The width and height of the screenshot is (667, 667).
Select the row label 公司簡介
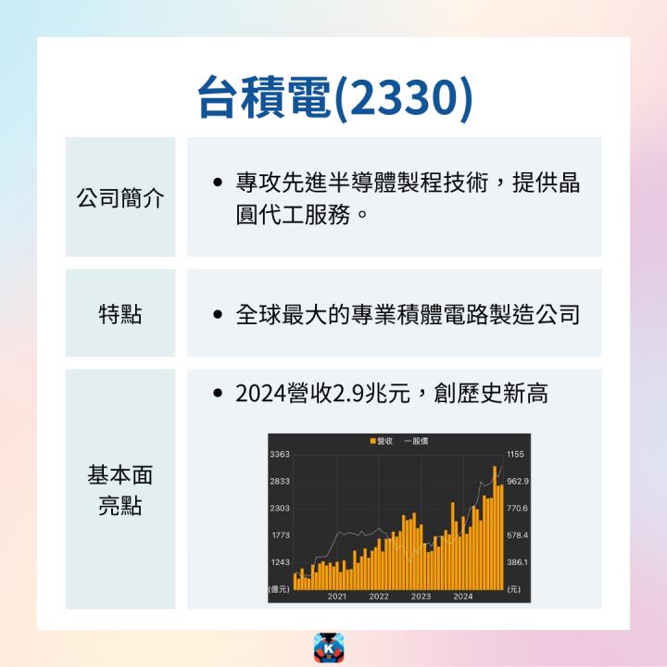tap(120, 197)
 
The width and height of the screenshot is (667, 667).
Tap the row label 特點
tap(120, 314)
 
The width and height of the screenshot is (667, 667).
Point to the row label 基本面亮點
tap(120, 490)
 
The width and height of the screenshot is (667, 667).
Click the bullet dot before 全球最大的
tap(216, 315)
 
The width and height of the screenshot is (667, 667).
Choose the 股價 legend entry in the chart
tap(417, 441)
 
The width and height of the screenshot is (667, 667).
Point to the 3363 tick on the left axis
tap(280, 454)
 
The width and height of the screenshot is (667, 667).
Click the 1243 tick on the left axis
tap(280, 562)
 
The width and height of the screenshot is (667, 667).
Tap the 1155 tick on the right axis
tap(516, 454)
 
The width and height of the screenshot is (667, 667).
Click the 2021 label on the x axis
tap(337, 597)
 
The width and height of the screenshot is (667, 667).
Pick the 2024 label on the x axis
tap(462, 597)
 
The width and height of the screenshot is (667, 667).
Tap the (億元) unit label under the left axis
tap(279, 589)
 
